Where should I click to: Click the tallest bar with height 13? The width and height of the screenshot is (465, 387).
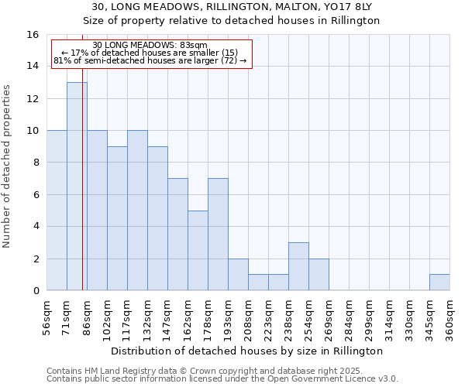(x=77, y=186)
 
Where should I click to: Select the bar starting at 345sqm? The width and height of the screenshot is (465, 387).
(x=439, y=282)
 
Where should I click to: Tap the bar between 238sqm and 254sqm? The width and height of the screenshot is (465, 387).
(x=298, y=266)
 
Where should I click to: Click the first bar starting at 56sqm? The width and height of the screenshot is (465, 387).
(x=57, y=210)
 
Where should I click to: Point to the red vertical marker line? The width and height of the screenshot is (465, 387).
(x=82, y=193)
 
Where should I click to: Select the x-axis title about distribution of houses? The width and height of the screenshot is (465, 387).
(x=248, y=351)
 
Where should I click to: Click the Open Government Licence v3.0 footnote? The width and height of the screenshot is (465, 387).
(x=222, y=378)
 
